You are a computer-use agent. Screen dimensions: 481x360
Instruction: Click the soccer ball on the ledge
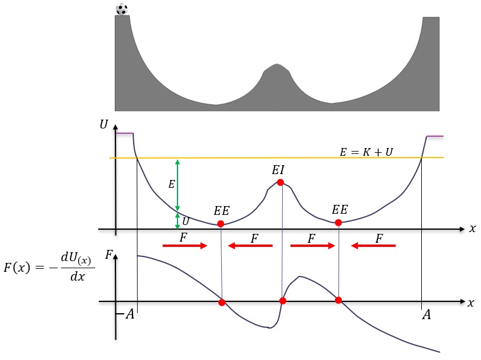(x=122, y=9)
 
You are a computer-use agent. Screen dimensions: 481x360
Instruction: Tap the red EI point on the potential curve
(x=280, y=182)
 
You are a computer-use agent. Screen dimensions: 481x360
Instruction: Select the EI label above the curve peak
(x=278, y=170)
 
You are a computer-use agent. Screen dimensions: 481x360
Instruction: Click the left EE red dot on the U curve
(x=221, y=224)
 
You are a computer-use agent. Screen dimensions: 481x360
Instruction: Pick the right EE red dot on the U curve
(x=338, y=223)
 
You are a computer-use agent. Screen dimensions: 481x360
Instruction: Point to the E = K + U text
(x=366, y=152)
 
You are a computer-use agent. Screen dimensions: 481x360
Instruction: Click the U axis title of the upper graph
(x=104, y=124)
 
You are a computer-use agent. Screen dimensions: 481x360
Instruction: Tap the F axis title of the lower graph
(x=109, y=255)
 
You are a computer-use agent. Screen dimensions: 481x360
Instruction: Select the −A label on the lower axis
(x=126, y=314)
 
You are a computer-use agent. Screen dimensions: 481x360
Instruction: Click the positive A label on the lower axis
(x=427, y=314)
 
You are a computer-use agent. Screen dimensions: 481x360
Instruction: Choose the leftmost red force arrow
(x=185, y=246)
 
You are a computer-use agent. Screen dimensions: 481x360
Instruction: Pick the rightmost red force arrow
(x=373, y=246)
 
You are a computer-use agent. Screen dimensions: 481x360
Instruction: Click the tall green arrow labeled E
(x=177, y=185)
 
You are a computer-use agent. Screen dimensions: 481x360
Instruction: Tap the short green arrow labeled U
(x=177, y=221)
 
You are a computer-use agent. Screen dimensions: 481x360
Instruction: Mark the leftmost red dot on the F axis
(x=222, y=303)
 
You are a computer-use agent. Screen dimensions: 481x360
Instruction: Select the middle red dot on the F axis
(x=283, y=301)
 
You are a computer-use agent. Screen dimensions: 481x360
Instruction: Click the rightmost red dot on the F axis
(x=338, y=300)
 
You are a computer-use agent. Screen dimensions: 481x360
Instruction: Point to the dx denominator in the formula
(x=78, y=277)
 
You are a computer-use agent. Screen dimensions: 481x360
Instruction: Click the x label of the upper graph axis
(x=472, y=229)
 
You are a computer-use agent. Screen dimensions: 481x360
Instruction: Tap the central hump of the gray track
(x=277, y=77)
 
